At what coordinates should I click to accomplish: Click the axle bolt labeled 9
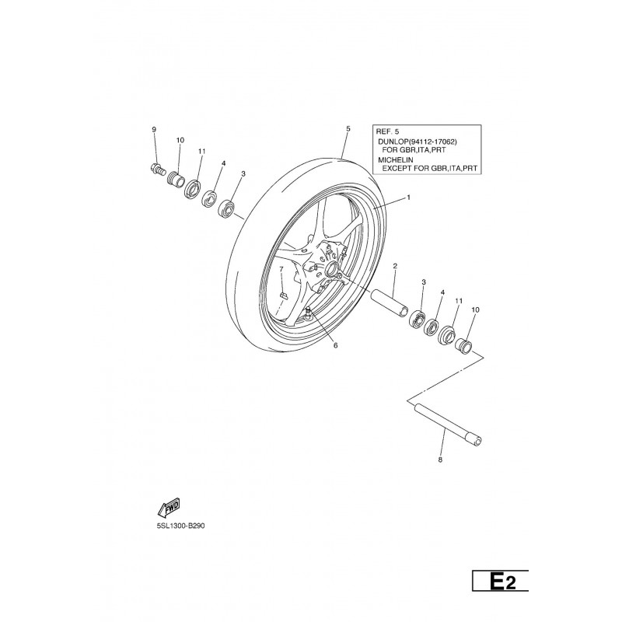[158, 169]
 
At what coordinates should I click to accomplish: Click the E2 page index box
[500, 581]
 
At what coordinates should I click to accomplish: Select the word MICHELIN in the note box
[396, 160]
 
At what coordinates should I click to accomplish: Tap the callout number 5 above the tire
[348, 128]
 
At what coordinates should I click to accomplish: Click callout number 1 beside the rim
[409, 197]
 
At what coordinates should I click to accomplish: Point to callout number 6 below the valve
[335, 345]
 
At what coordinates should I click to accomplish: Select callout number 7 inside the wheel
[281, 269]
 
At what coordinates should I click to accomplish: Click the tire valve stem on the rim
[308, 313]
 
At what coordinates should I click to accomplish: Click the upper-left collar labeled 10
[176, 178]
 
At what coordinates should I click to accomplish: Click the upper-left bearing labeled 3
[227, 208]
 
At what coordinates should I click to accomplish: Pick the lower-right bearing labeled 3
[417, 319]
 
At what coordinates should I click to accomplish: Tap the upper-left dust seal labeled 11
[193, 189]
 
